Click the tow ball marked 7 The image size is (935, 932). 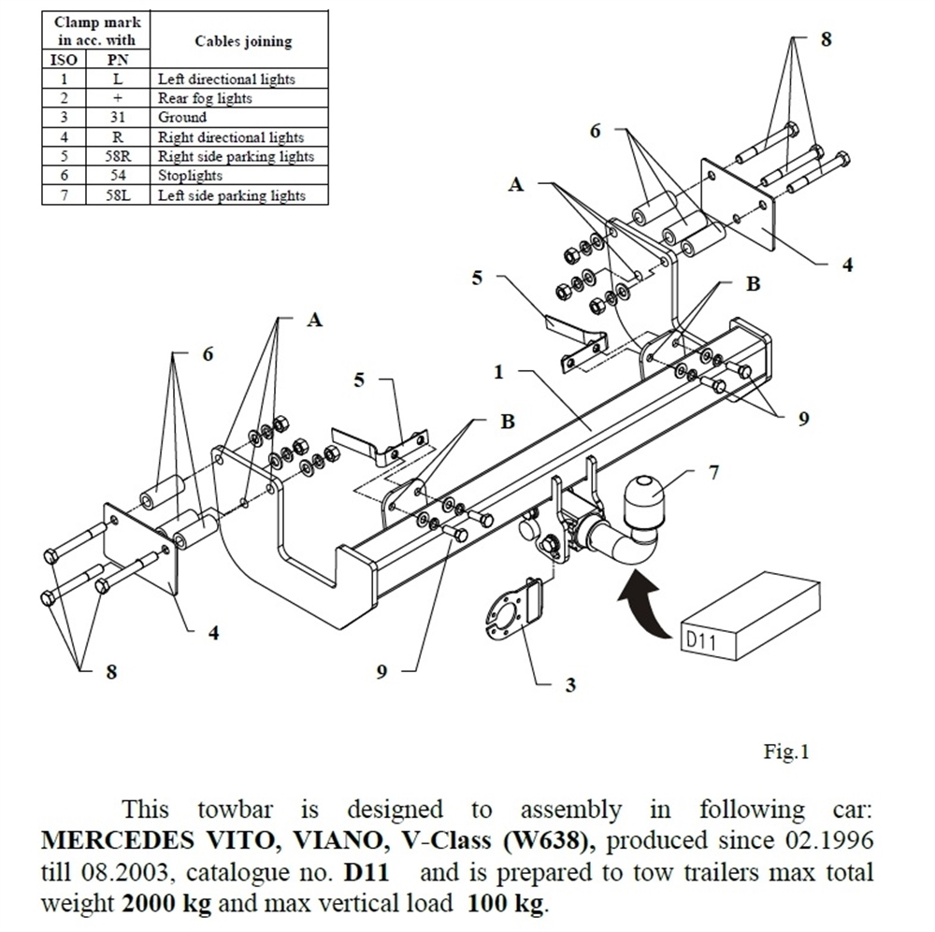[x=642, y=500]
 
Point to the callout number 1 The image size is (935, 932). [x=498, y=372]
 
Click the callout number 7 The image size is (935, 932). [x=713, y=471]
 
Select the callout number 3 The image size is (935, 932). [x=570, y=685]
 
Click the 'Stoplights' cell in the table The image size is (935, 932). [x=190, y=176]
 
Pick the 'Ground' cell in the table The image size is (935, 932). [x=182, y=118]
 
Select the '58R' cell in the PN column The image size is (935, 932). [x=117, y=156]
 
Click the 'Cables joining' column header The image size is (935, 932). [x=242, y=41]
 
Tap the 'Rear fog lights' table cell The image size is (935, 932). [x=205, y=98]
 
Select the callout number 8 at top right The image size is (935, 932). [x=826, y=39]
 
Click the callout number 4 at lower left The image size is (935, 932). [x=213, y=633]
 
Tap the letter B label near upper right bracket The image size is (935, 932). [x=753, y=284]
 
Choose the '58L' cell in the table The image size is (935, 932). [x=117, y=195]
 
